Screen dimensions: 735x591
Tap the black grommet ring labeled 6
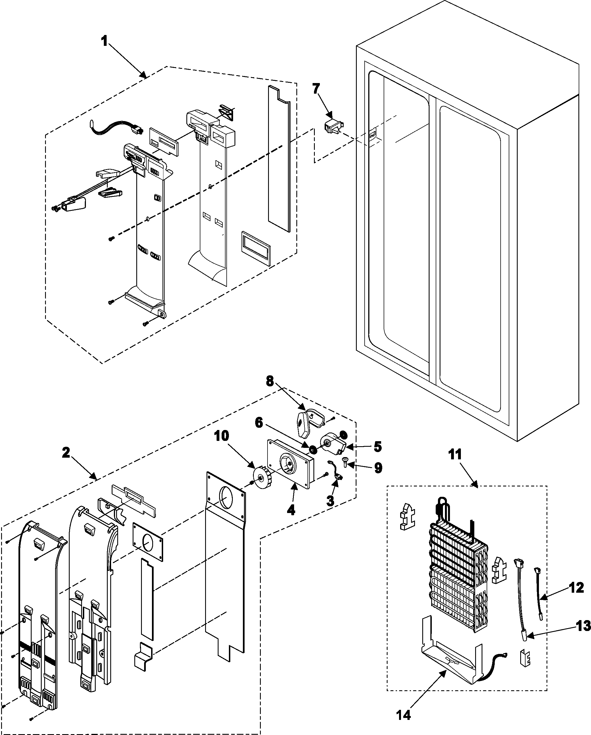[313, 450]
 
